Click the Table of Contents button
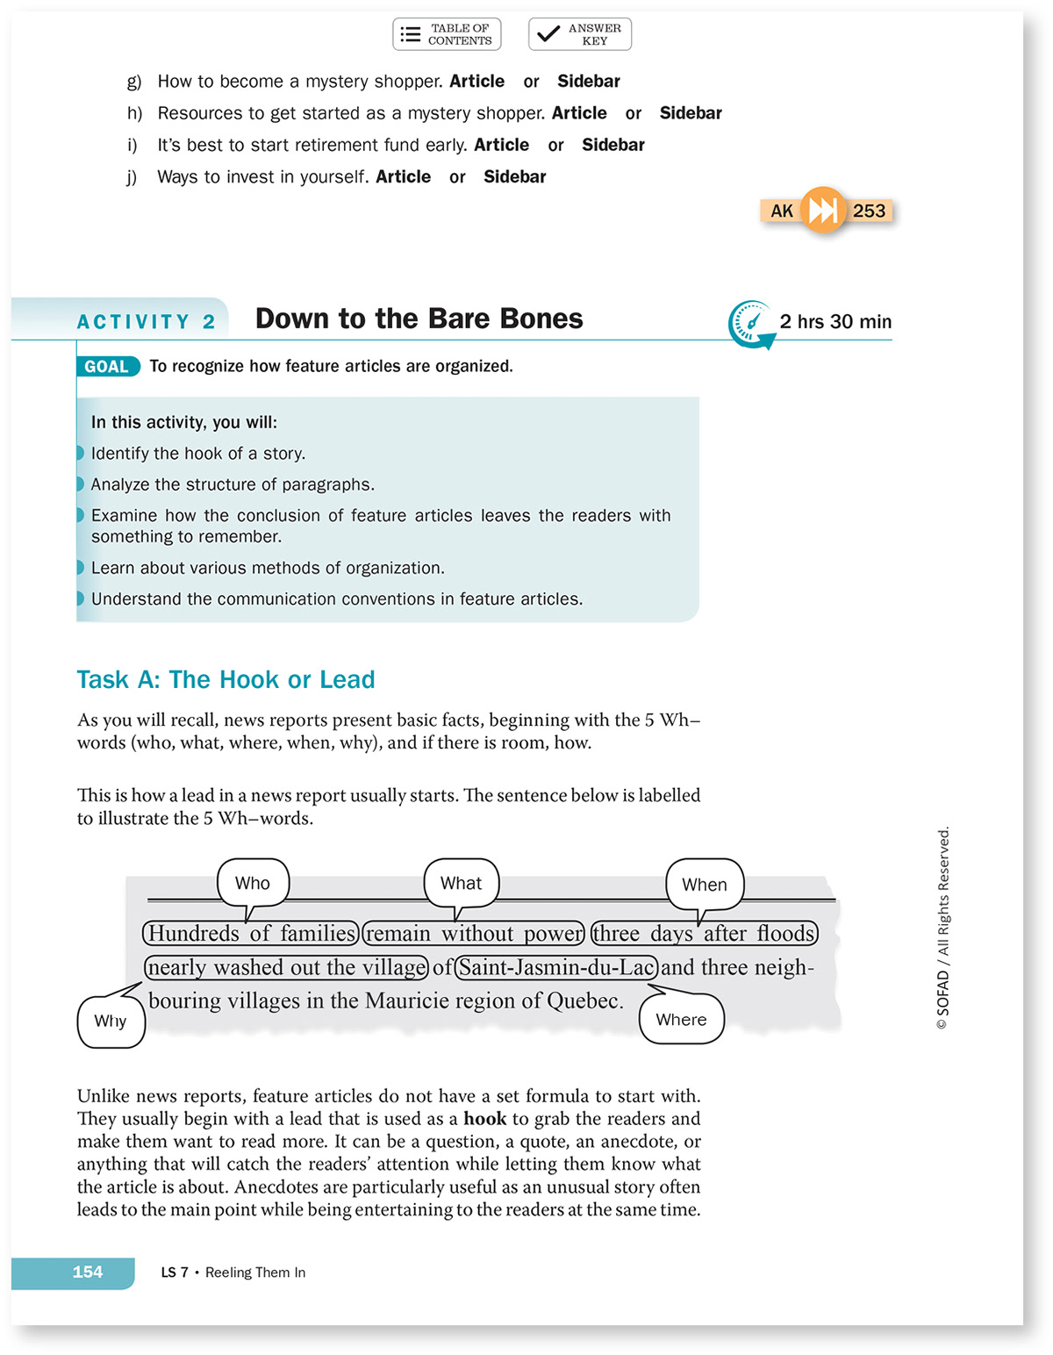(x=447, y=34)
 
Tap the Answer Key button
(x=579, y=34)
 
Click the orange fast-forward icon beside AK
(x=822, y=210)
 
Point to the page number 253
(x=869, y=211)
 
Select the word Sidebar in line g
(x=588, y=82)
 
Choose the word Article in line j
(x=403, y=177)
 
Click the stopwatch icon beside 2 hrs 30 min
(x=750, y=323)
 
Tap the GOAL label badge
(x=107, y=367)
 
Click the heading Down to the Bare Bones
(x=419, y=319)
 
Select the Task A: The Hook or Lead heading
(x=226, y=680)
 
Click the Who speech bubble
(x=253, y=883)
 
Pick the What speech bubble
(x=461, y=883)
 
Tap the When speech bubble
(x=704, y=885)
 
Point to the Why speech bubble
(x=111, y=1021)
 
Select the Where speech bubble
(x=681, y=1019)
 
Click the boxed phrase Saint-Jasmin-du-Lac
(x=556, y=967)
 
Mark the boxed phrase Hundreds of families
(x=251, y=933)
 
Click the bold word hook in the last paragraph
(x=484, y=1119)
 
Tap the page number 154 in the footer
(x=87, y=1273)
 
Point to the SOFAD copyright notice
(x=943, y=928)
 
